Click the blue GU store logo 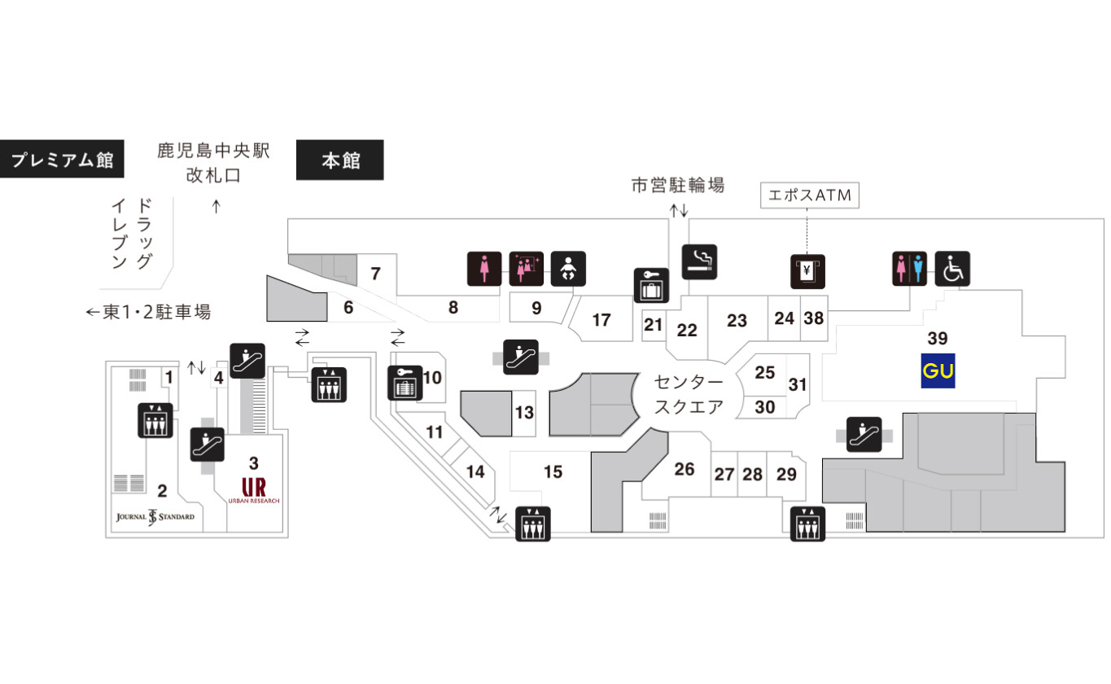point(938,370)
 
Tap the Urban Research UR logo point(254,490)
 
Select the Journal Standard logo point(155,517)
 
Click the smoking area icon point(699,261)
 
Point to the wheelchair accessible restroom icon point(952,269)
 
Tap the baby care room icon point(568,269)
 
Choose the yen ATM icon point(807,271)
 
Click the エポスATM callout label point(809,195)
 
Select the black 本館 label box point(339,160)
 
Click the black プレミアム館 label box point(62,159)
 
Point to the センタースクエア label point(689,395)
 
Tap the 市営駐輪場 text point(678,185)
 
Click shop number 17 point(601,320)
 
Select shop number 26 point(685,469)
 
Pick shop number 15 point(553,471)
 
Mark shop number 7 point(376,274)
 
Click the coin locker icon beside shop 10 point(405,383)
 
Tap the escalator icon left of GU point(864,434)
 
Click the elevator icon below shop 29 point(807,524)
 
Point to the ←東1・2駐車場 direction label point(148,312)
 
